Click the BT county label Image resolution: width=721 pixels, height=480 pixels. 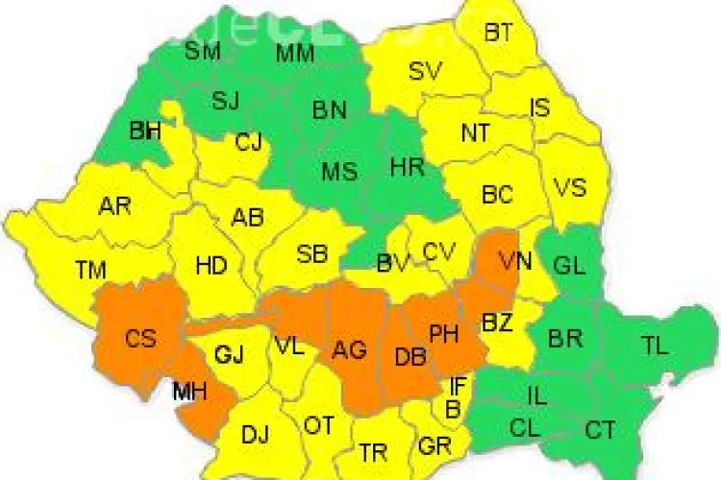pyautogui.click(x=498, y=34)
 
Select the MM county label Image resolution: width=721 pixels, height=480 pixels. pyautogui.click(x=295, y=54)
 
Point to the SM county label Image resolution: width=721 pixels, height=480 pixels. pyautogui.click(x=203, y=51)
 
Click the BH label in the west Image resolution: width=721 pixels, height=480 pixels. pyautogui.click(x=145, y=131)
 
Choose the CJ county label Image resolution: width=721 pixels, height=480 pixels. pyautogui.click(x=248, y=143)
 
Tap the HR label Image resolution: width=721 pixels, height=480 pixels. pyautogui.click(x=408, y=168)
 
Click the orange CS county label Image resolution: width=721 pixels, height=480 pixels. pyautogui.click(x=140, y=338)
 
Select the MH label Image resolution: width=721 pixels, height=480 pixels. pyautogui.click(x=188, y=392)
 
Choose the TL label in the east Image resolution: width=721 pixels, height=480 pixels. pyautogui.click(x=656, y=348)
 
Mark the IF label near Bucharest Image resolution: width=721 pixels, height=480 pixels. pyautogui.click(x=458, y=387)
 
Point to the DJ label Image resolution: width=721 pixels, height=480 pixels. pyautogui.click(x=255, y=435)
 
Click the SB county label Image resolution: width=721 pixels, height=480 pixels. pyautogui.click(x=311, y=255)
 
